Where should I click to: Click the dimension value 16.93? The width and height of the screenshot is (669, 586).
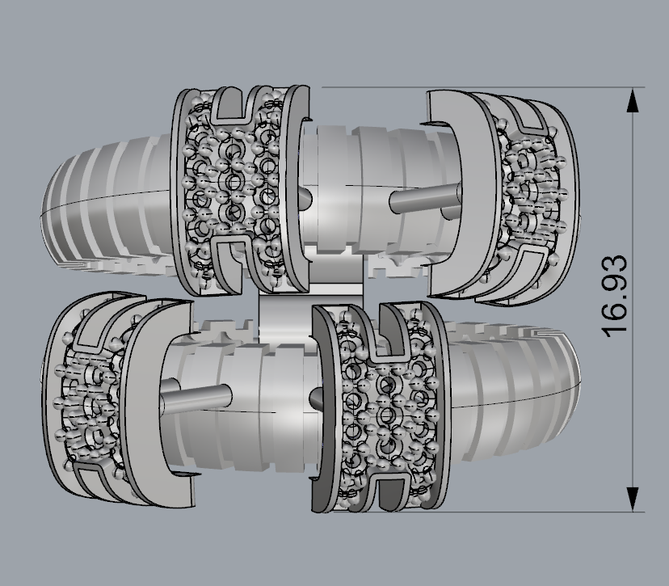615,296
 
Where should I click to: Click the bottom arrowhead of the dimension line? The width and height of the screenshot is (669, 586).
633,498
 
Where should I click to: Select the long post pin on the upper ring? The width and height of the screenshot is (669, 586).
423,196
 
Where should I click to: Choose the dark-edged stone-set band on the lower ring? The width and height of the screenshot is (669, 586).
380,404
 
